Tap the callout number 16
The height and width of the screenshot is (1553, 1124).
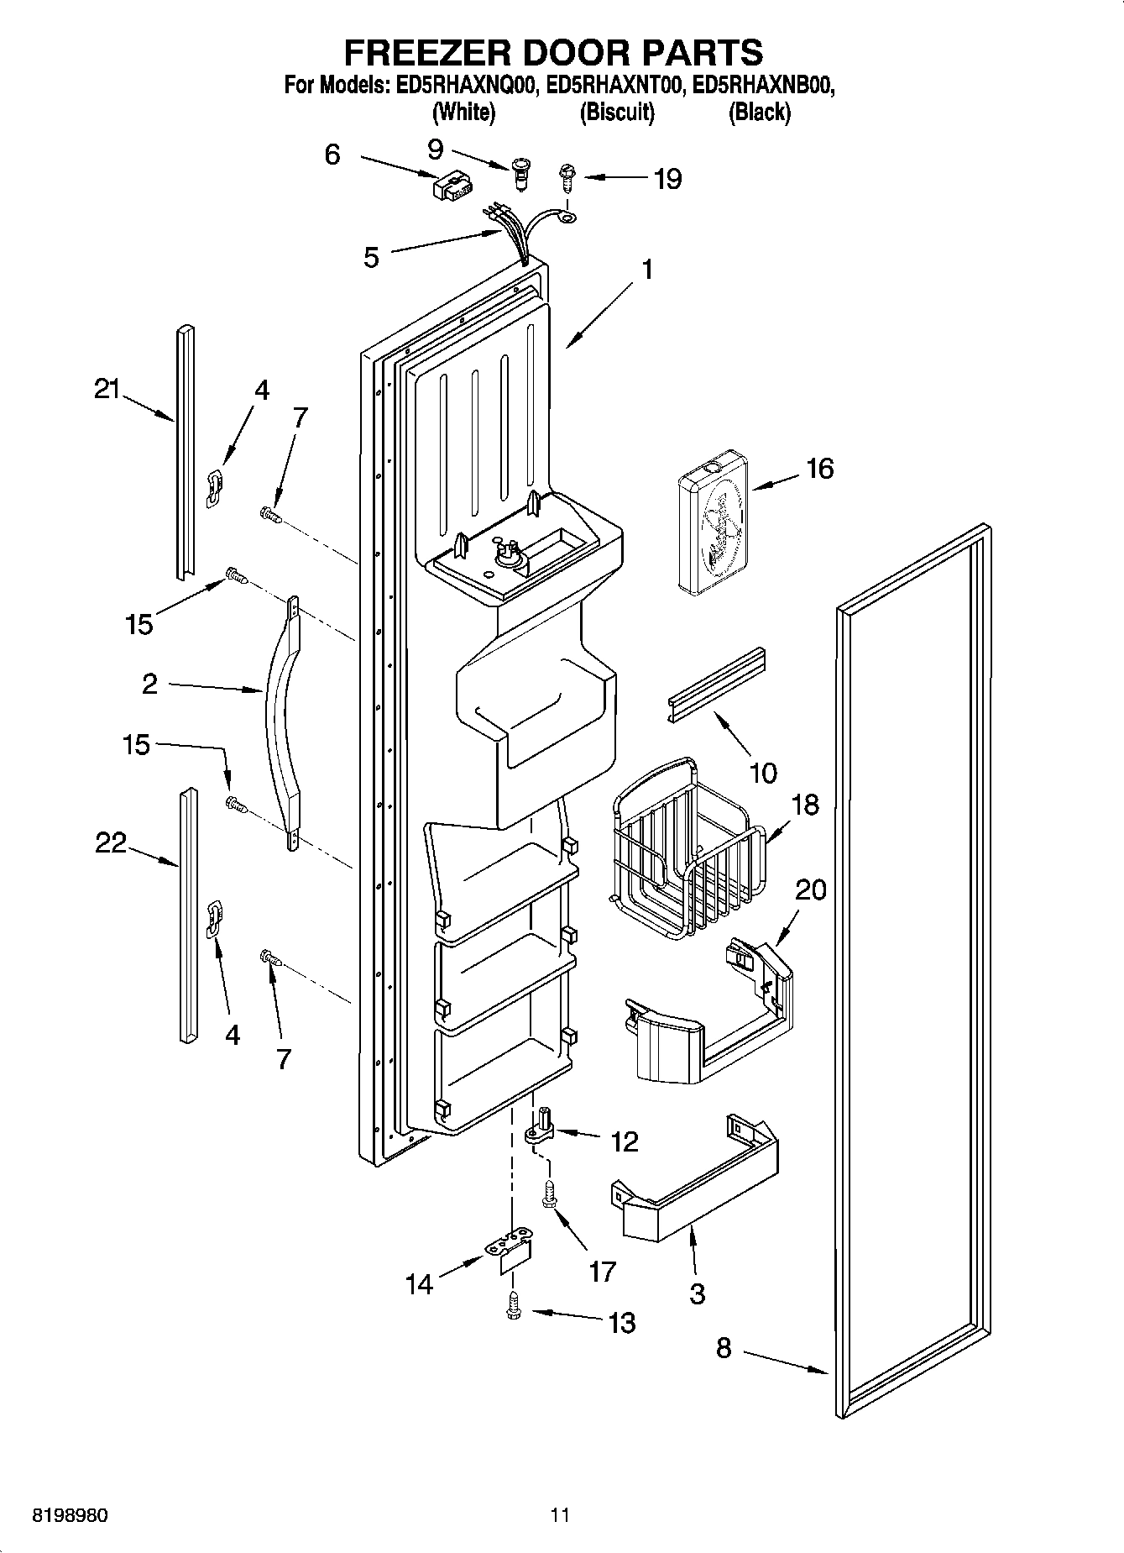click(x=819, y=469)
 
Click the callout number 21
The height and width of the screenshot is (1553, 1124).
click(x=107, y=389)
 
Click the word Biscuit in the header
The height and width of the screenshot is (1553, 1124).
click(x=617, y=112)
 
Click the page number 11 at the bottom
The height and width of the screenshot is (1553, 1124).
click(x=560, y=1515)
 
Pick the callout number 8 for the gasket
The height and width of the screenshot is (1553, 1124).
click(x=724, y=1348)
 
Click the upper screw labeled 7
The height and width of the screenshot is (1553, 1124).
click(x=270, y=513)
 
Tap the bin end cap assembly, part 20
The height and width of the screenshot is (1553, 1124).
click(x=722, y=1016)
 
